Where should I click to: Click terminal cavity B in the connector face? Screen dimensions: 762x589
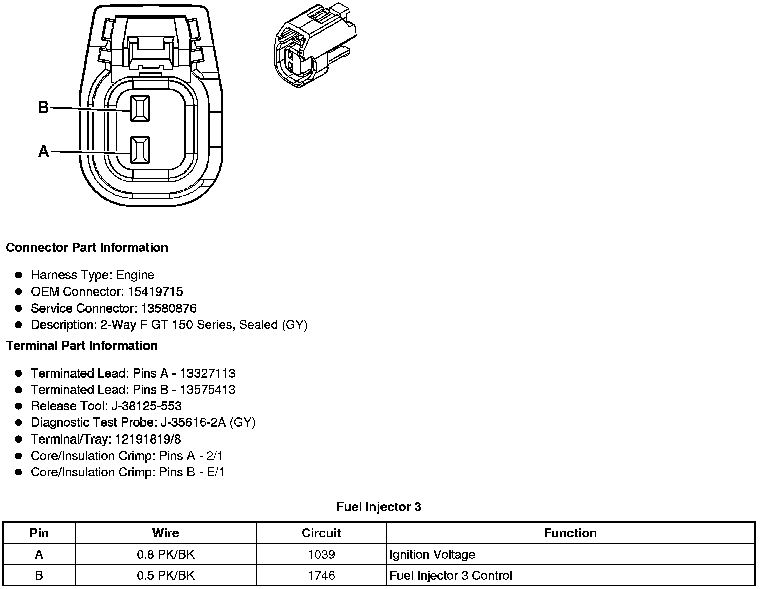[140, 108]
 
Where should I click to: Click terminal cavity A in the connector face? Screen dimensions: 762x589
[140, 150]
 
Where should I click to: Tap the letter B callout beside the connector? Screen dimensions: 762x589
[43, 107]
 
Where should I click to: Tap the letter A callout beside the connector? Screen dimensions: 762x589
[44, 151]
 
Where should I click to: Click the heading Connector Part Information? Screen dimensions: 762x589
[87, 248]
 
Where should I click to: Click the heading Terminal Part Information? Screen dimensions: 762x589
[82, 346]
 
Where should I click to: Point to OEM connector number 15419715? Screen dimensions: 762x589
[155, 291]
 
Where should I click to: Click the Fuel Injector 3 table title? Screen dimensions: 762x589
[378, 507]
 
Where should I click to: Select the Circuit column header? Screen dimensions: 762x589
[321, 533]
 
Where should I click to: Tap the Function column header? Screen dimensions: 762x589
[570, 533]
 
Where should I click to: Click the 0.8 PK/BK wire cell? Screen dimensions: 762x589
[165, 554]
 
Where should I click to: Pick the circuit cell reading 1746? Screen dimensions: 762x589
[321, 575]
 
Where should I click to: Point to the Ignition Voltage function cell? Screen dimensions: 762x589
[432, 554]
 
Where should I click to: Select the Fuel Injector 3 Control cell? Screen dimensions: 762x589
[451, 575]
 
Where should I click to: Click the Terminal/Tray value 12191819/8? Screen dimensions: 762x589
[148, 439]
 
